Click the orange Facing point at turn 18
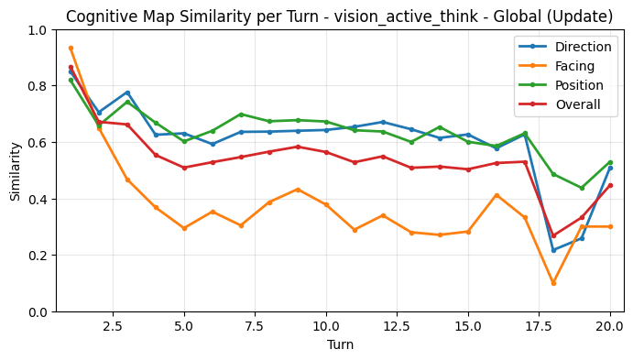[553, 283]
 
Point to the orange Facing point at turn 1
[71, 48]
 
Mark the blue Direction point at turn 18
[553, 250]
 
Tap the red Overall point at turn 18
[553, 235]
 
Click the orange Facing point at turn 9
[298, 190]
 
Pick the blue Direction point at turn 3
[127, 93]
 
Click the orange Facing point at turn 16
[497, 195]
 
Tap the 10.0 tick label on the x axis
[326, 325]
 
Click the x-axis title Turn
[340, 345]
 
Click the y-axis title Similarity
[15, 170]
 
